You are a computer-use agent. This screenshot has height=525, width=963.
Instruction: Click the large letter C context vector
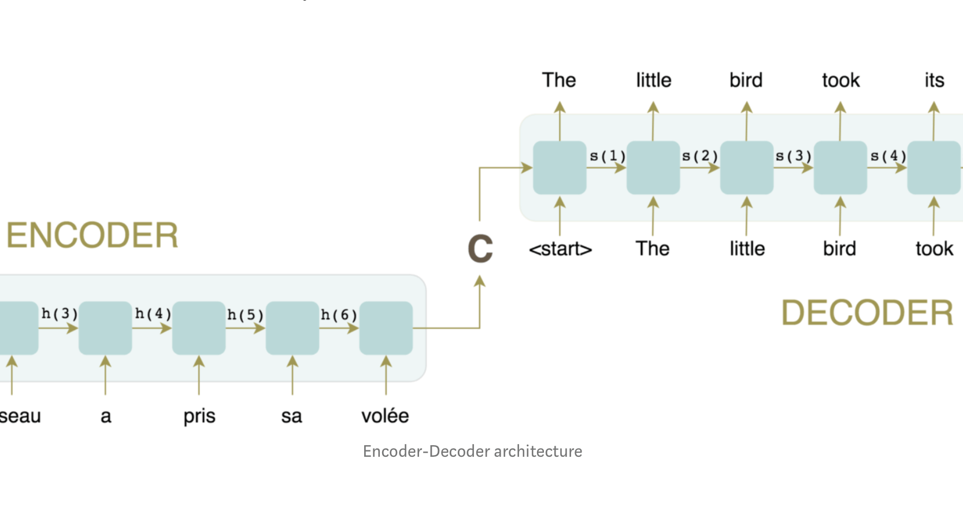[480, 249]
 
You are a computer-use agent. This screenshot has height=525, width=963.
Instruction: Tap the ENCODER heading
[92, 235]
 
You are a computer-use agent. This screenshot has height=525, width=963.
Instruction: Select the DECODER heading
[867, 313]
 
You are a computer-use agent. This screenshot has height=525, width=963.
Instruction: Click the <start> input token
[560, 249]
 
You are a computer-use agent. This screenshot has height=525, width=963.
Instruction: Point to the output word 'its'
[934, 80]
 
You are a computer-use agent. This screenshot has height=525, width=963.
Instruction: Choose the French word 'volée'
[385, 416]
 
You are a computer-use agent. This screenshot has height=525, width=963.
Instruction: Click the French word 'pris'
[199, 416]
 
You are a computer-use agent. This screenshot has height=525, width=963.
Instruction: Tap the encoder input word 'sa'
[292, 416]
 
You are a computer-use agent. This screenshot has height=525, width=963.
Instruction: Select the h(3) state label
[60, 314]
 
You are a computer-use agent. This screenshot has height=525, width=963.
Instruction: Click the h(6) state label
[339, 315]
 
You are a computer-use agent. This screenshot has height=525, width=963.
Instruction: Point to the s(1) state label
[608, 156]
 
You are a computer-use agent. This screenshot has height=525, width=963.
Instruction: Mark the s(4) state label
[888, 156]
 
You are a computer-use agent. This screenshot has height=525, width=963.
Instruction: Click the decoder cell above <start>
[560, 168]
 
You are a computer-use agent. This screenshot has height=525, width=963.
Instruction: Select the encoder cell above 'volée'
[386, 328]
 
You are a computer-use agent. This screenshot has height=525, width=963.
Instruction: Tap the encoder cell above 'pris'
[199, 328]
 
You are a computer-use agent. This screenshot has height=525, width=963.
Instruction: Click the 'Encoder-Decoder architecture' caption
[472, 451]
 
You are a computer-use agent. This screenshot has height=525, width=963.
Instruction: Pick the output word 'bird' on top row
[746, 80]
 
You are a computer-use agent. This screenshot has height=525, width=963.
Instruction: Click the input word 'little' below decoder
[747, 249]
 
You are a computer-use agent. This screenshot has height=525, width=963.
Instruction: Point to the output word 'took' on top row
[841, 80]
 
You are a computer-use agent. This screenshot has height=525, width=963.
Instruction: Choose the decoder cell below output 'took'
[840, 168]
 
